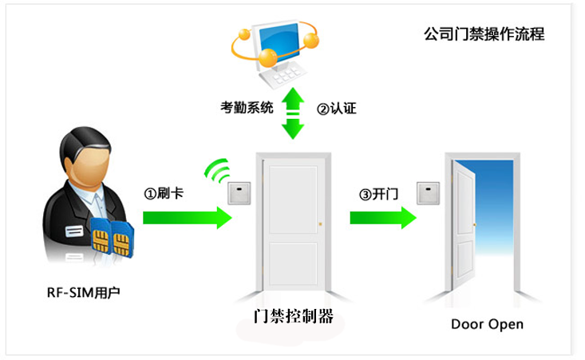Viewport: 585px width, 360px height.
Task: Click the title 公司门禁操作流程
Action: point(484,35)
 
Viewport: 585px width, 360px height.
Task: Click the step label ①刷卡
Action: point(164,193)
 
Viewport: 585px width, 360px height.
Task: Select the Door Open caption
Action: point(487,324)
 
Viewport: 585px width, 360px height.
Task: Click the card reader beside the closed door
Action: point(237,193)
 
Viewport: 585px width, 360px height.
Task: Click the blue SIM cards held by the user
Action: point(111,237)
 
